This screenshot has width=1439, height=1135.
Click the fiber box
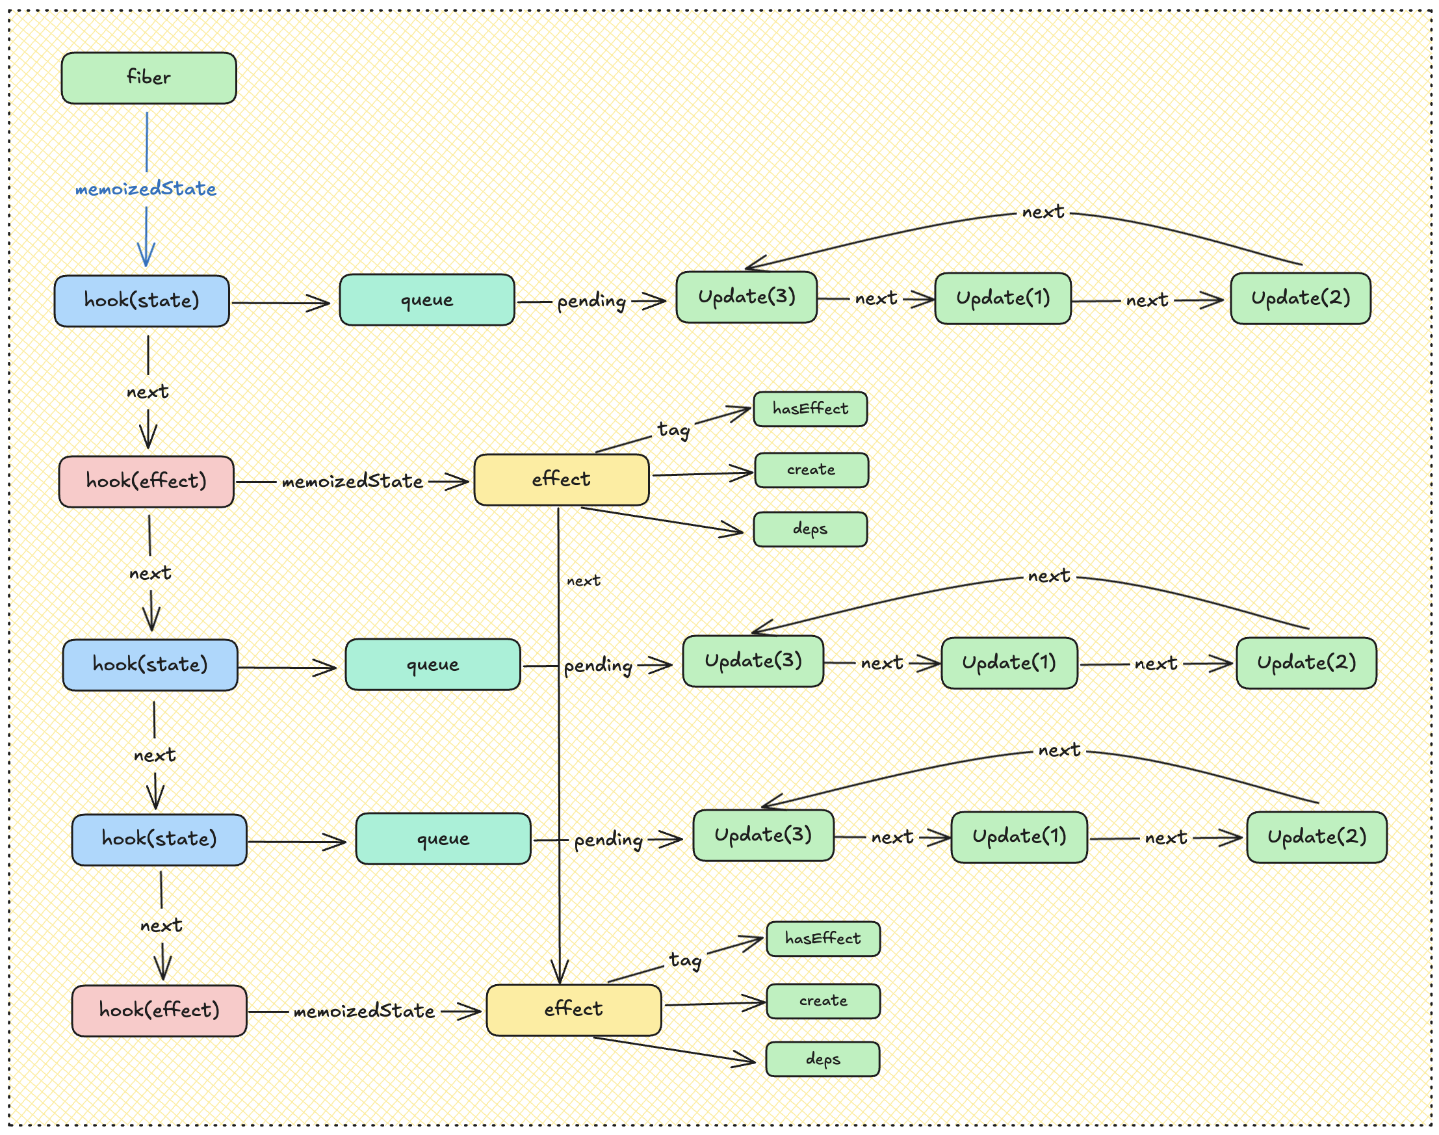coord(149,78)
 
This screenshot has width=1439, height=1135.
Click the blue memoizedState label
coord(146,189)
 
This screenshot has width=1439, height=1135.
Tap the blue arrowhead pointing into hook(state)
coord(146,257)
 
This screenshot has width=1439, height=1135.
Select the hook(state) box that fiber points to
coord(142,300)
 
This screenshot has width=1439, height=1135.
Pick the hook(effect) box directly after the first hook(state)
coord(146,481)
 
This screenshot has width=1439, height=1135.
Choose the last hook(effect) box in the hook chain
coord(159,1010)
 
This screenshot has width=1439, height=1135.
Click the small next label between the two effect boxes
coord(583,581)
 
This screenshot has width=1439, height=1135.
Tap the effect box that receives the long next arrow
coord(573,1010)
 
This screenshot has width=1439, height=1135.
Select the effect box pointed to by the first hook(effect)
coord(561,479)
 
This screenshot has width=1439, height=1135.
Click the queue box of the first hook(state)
coord(426,300)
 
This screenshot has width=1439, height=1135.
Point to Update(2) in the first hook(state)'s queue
coord(1300,298)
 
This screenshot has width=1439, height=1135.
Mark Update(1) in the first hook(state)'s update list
coord(1002,298)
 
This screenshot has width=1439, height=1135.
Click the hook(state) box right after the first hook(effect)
coord(150,664)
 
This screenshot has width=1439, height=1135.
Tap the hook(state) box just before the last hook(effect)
coord(159,839)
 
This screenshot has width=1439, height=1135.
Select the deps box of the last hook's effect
coord(822,1059)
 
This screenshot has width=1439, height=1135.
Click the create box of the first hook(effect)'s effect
coord(810,470)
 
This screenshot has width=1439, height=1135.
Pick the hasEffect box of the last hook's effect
coord(822,938)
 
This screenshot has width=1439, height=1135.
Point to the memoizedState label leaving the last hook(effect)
coord(364,1011)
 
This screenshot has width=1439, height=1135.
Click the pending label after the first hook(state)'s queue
coord(591,302)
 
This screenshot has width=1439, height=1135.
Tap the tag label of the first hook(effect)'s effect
coord(673,430)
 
